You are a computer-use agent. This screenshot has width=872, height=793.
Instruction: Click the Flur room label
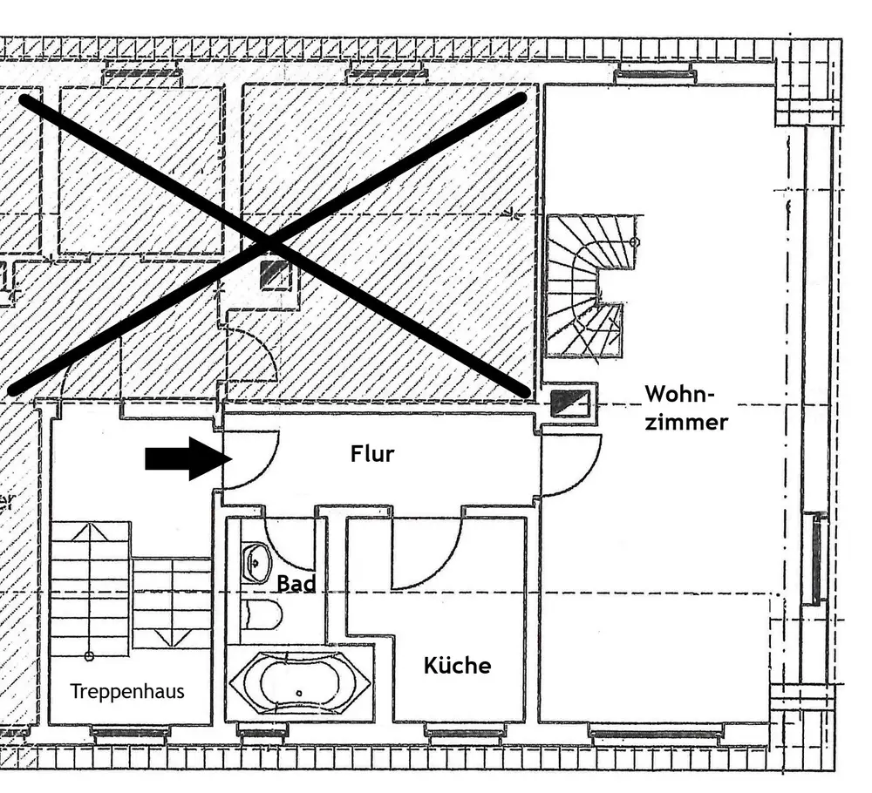click(372, 454)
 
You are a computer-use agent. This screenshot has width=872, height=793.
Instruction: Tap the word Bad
click(296, 584)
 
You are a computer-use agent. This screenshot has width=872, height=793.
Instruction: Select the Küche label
click(457, 665)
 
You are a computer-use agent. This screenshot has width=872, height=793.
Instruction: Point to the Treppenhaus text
click(127, 691)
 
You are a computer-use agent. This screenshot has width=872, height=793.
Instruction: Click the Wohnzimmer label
click(686, 408)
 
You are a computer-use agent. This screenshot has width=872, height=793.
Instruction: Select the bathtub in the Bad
click(299, 683)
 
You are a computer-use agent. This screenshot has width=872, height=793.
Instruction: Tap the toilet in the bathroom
click(262, 614)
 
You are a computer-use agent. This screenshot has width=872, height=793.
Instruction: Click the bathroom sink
click(255, 563)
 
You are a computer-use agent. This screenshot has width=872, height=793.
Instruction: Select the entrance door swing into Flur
click(262, 472)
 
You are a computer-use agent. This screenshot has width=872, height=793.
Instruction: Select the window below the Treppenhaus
click(130, 734)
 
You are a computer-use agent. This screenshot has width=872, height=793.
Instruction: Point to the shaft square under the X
click(275, 274)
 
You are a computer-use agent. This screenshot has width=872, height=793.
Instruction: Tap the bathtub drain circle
click(299, 693)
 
